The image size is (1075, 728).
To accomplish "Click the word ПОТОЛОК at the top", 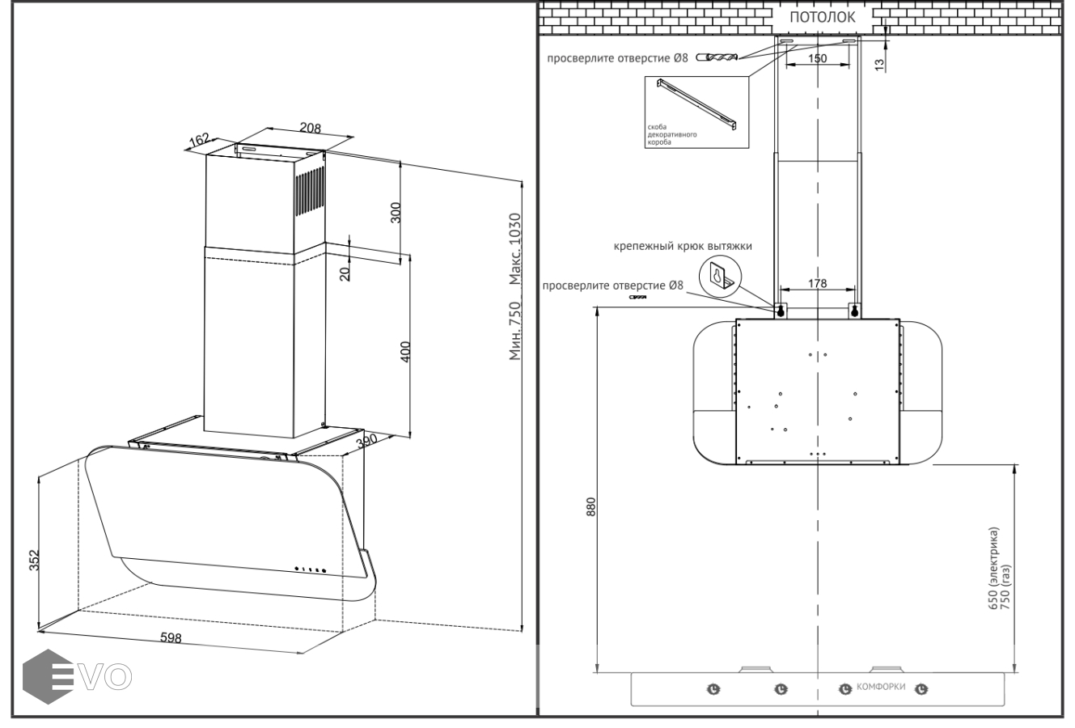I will click(822, 17).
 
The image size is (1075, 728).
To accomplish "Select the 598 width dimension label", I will click(171, 638).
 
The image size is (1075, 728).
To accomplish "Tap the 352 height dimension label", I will click(35, 561).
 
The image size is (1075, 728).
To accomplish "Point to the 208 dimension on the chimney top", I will click(310, 128).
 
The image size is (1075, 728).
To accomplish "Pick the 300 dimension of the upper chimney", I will click(396, 213).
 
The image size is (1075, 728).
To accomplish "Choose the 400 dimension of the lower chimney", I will click(406, 352).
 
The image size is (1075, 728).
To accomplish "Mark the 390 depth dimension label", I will click(368, 442).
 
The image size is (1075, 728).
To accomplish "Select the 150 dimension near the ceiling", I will click(818, 58).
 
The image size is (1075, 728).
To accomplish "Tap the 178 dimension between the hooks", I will click(818, 283).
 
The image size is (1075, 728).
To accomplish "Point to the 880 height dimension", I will click(590, 507).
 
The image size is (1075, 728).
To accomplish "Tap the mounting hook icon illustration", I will click(719, 277).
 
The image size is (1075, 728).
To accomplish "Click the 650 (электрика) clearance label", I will click(994, 566).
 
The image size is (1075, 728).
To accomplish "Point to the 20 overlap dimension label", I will click(345, 273).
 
